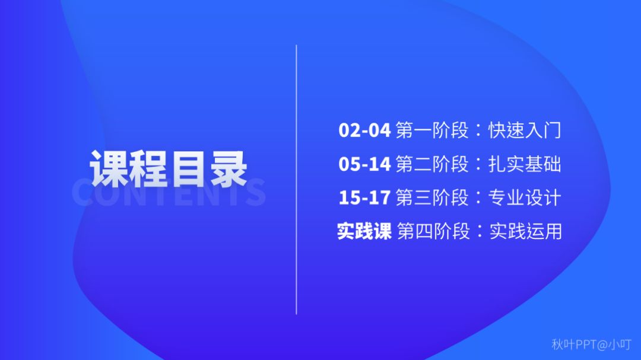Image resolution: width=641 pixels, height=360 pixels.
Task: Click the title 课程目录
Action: point(169,168)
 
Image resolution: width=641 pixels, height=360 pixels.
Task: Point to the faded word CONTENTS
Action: point(169,192)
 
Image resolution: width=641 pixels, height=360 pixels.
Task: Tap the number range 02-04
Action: point(364,130)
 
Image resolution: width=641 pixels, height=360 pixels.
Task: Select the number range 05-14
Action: point(364,164)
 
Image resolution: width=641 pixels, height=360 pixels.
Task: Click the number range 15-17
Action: point(364,197)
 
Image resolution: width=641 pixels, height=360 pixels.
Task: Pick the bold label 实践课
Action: point(364,231)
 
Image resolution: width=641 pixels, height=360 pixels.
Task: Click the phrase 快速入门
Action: point(525,130)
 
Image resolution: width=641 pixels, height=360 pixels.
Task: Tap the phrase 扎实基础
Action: point(525,164)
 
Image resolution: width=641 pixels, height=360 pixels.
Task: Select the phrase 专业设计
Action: point(525,197)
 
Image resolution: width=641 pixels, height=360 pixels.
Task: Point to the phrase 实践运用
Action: point(526,231)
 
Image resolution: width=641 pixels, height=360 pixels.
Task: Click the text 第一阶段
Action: point(432,130)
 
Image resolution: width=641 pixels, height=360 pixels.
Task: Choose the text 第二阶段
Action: point(432,164)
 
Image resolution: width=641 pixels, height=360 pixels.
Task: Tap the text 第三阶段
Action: point(432,197)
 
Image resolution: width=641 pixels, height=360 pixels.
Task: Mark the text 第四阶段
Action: point(433,231)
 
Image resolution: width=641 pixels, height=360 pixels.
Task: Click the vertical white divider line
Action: point(296,180)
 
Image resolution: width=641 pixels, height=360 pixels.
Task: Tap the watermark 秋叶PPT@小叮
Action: point(592,345)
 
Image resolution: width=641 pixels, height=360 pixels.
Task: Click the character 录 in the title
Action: point(229,168)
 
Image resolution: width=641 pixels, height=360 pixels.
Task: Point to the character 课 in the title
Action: point(109,168)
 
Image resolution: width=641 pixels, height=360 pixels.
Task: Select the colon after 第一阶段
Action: point(479,131)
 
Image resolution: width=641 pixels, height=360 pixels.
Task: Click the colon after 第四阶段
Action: point(480,232)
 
